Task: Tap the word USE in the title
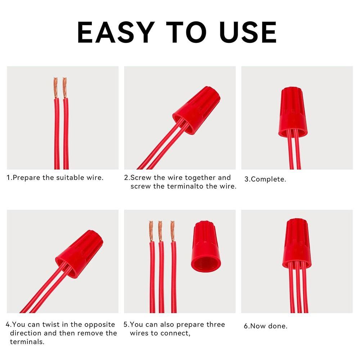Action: point(248,32)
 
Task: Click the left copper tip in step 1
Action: point(55,88)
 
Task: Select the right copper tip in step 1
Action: point(65,88)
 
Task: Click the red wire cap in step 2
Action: point(197,110)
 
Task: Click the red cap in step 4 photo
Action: point(79,253)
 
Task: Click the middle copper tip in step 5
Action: point(160,231)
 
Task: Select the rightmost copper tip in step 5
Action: point(173,231)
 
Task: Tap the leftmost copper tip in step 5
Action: point(151,231)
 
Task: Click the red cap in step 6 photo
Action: point(297,243)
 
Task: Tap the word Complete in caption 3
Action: point(268,179)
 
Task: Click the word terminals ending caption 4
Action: point(27,342)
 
